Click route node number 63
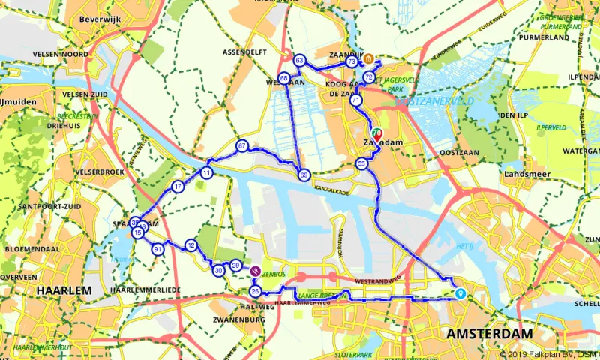[x=299, y=60]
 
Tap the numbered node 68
[x=283, y=78]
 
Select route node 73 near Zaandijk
[x=352, y=61]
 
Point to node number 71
[x=355, y=100]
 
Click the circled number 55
[x=361, y=163]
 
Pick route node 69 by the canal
[x=304, y=175]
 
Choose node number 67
[x=241, y=145]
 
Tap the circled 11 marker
[x=205, y=173]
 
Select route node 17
[x=178, y=186]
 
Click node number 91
[x=157, y=249]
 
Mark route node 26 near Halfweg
[x=255, y=291]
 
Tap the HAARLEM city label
[x=66, y=289]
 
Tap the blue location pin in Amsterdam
[x=460, y=293]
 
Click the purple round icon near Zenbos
[x=255, y=271]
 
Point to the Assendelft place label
[x=245, y=53]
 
